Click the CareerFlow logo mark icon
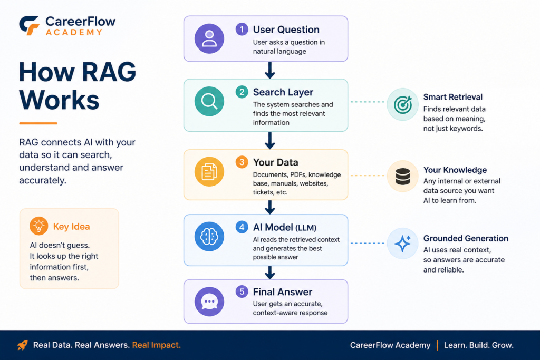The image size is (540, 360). click(29, 25)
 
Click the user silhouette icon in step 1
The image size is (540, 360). click(209, 38)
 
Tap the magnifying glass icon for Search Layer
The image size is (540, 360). click(209, 101)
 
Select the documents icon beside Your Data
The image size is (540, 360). click(209, 172)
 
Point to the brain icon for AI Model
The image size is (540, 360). click(209, 237)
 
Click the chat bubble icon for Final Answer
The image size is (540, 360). click(209, 301)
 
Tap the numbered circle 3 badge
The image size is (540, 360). click(242, 162)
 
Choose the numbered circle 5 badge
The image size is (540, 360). click(242, 291)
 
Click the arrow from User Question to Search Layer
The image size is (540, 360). click(270, 70)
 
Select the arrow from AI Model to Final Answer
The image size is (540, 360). click(270, 273)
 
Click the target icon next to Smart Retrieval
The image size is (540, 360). click(402, 105)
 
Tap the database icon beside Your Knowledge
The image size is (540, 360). click(402, 176)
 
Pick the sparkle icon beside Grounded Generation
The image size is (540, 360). click(402, 244)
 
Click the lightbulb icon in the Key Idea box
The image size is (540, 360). click(38, 226)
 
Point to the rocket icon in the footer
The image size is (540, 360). click(23, 345)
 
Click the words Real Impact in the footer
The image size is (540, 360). click(156, 345)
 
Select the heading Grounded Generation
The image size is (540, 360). click(466, 238)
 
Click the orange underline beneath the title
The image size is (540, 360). click(38, 123)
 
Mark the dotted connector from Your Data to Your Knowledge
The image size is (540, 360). click(368, 176)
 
